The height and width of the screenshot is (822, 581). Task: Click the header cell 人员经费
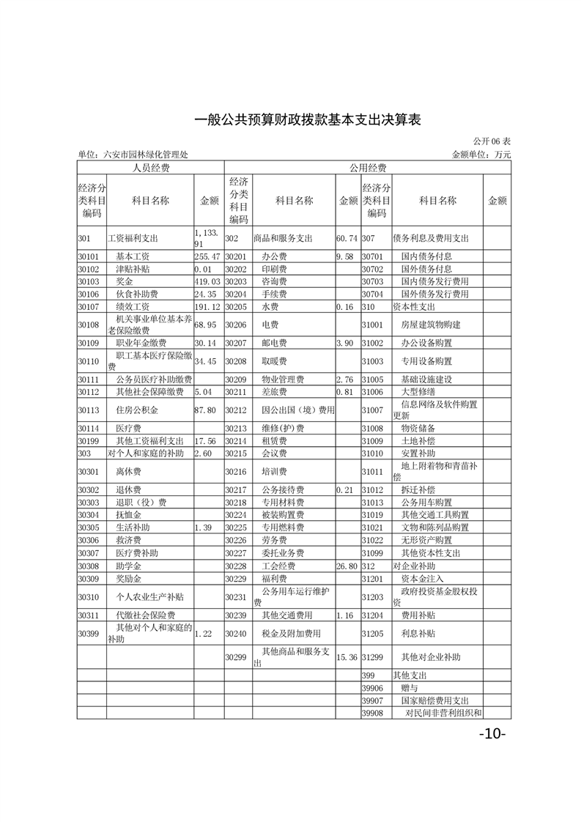[x=150, y=168]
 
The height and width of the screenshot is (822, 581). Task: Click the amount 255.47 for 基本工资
[x=207, y=257]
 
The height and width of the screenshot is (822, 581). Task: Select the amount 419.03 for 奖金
[x=207, y=281]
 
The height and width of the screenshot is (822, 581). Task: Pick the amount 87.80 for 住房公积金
[x=205, y=410]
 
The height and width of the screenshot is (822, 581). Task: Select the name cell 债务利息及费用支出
[x=431, y=238]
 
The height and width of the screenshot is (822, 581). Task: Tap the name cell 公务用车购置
[x=426, y=503]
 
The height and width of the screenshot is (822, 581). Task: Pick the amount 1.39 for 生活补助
[x=204, y=527]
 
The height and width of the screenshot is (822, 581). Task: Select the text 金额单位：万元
[x=481, y=155]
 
